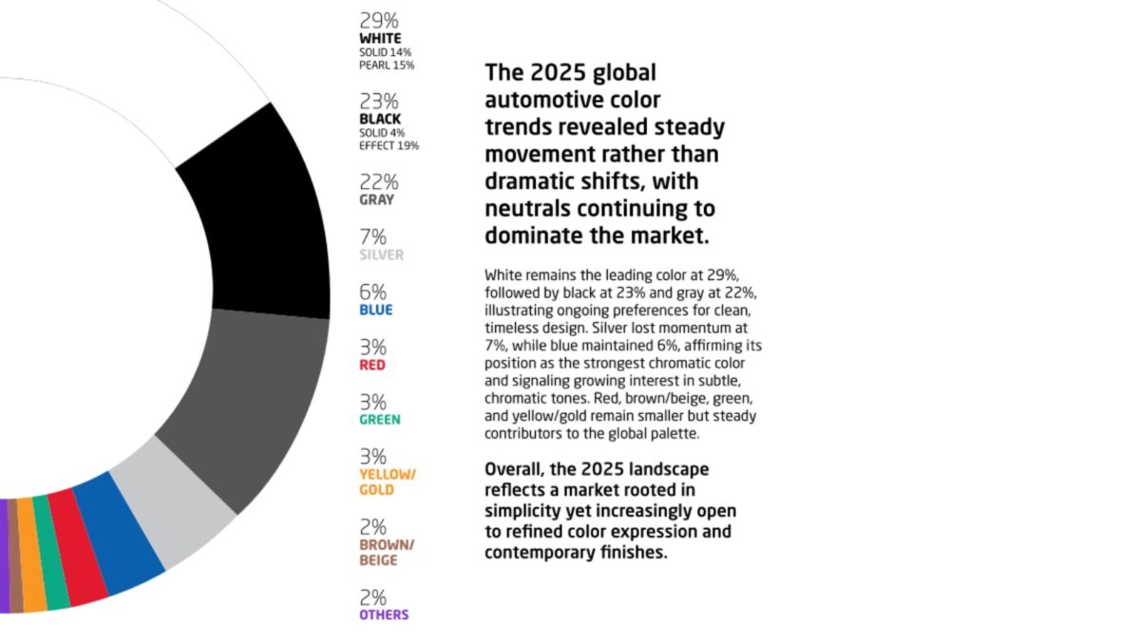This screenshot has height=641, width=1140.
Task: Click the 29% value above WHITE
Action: [x=379, y=19]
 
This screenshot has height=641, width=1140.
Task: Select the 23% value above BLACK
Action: [x=379, y=101]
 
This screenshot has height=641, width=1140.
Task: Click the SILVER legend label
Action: [x=381, y=255]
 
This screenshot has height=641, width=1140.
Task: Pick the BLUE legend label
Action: [x=376, y=310]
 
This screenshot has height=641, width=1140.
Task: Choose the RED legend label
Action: [x=372, y=365]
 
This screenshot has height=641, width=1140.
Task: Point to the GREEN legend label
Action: [x=380, y=420]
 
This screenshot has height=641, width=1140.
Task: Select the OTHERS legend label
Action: [x=384, y=614]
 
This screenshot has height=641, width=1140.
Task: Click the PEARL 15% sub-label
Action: [x=387, y=66]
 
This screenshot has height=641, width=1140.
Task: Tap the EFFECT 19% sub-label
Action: [x=389, y=146]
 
